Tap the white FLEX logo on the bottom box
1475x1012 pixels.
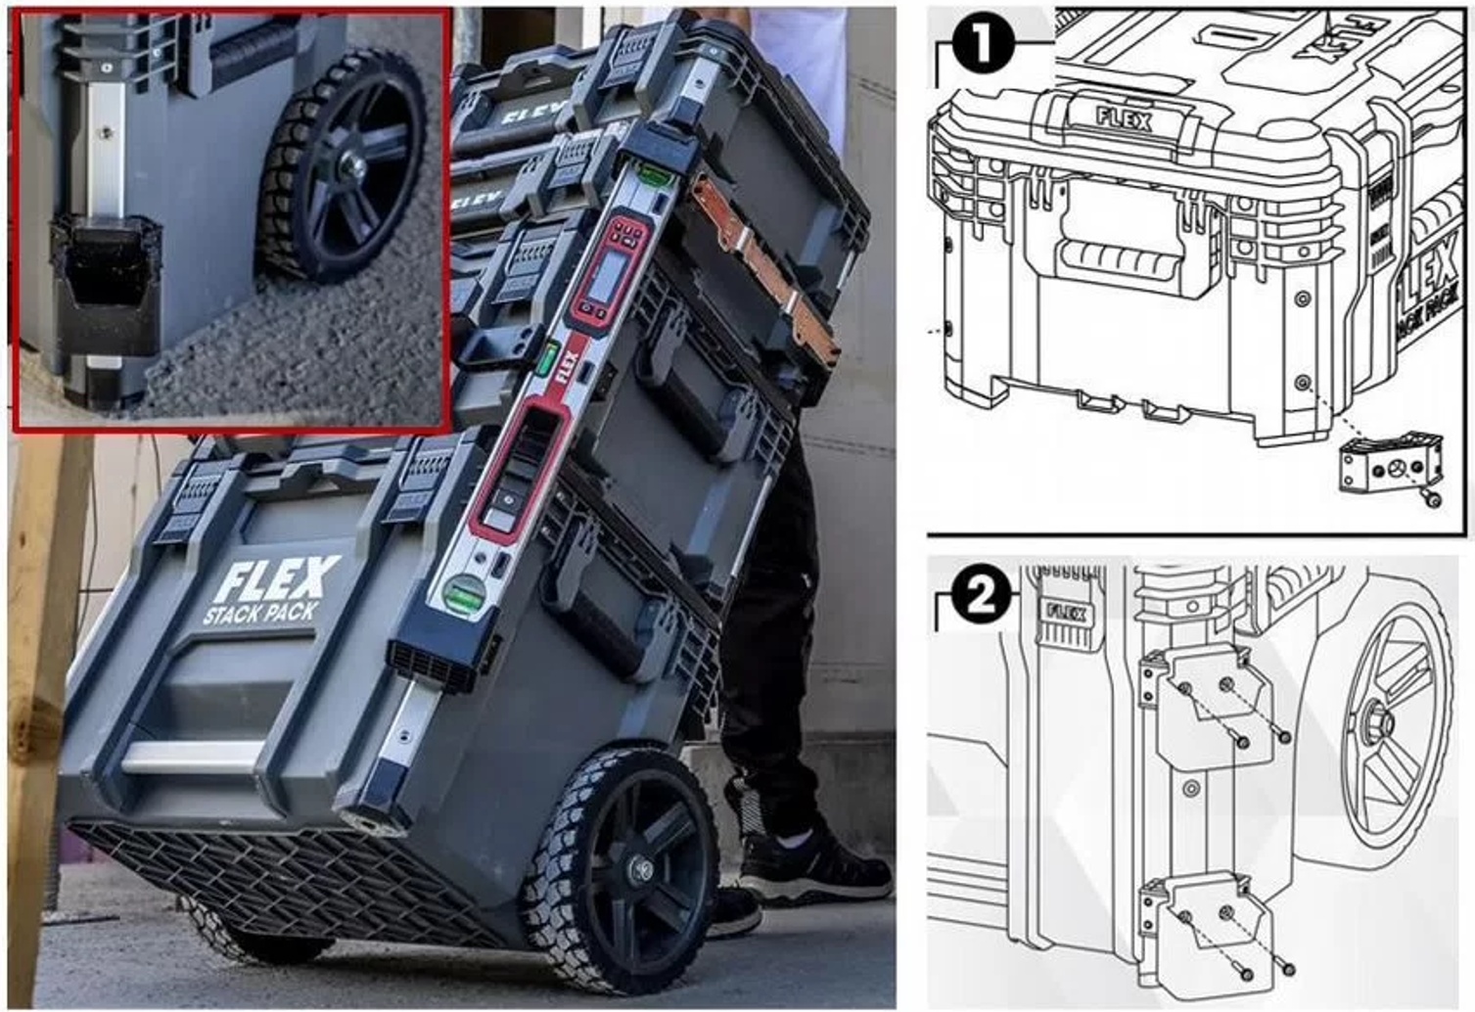[276, 579]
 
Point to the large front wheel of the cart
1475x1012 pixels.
[626, 871]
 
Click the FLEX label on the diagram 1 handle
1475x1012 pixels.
[1124, 120]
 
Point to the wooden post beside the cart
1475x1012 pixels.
[39, 685]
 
